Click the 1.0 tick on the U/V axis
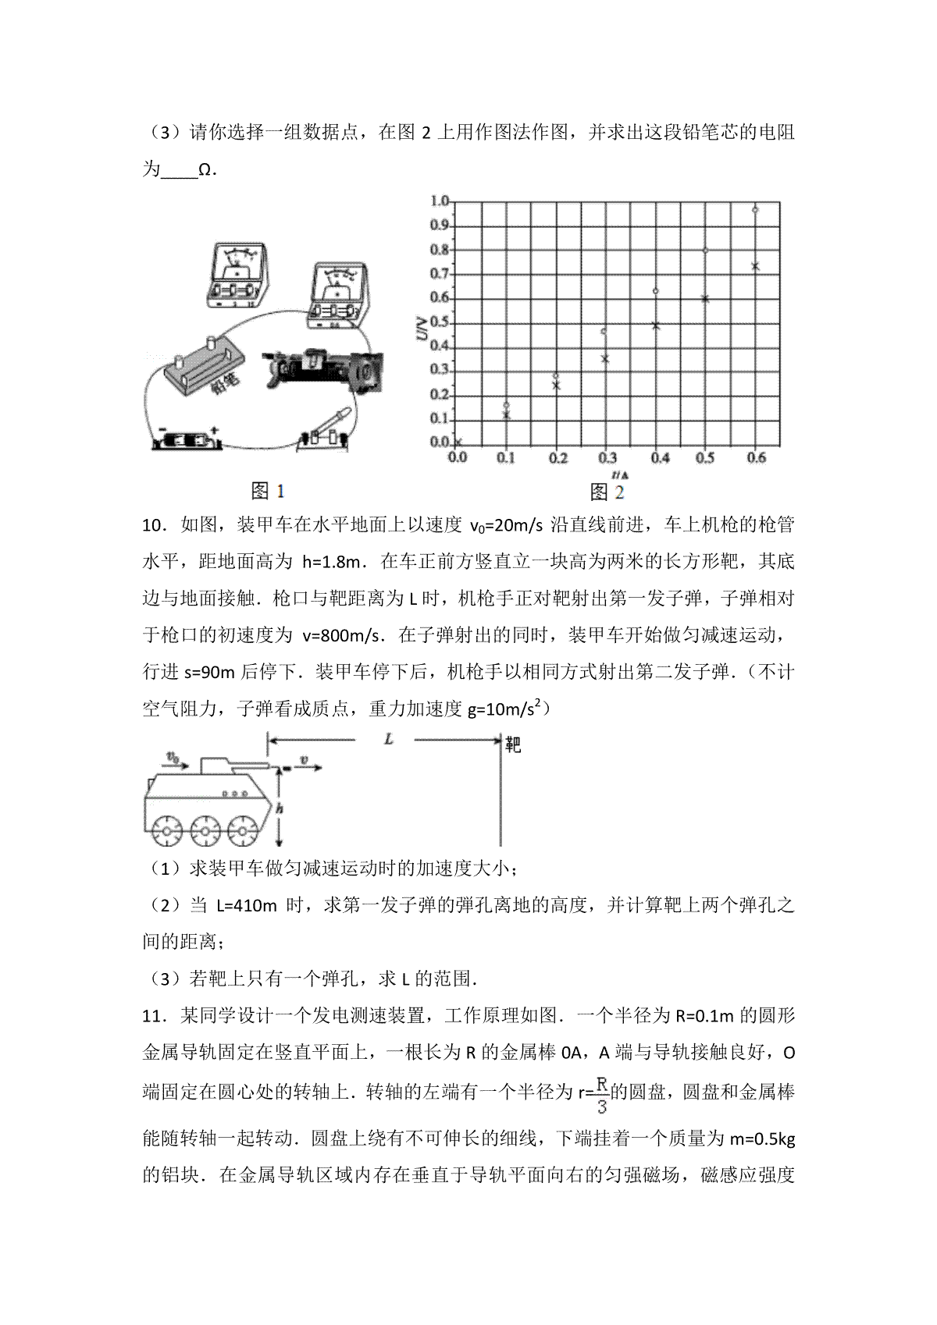440,201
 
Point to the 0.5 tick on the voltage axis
440,322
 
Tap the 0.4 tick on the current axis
660,458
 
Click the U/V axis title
422,332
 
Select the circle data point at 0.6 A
755,209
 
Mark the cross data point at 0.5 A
704,298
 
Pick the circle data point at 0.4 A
655,291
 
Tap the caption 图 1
268,490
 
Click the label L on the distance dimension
388,738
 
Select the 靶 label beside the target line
512,744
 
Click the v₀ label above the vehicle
173,756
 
